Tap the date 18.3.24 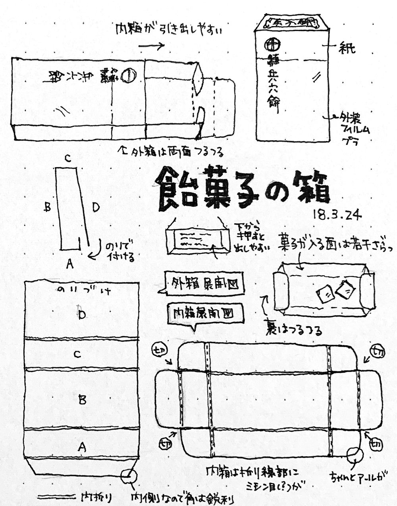(337, 214)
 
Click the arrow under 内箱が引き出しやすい (151, 46)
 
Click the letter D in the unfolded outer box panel (82, 314)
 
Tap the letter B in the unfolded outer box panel (82, 399)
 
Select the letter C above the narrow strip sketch (68, 159)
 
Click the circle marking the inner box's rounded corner (353, 454)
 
